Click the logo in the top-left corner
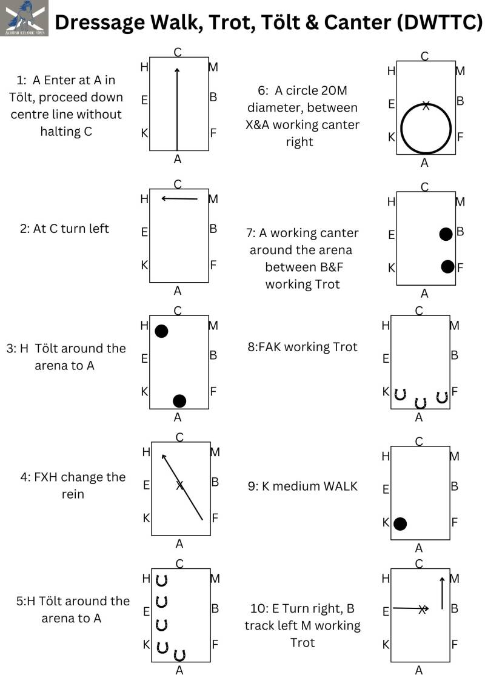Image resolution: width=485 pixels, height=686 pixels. pos(25,19)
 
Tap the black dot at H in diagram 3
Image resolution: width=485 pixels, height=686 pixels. pos(161,331)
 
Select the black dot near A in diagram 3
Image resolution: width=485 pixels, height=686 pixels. pos(179,400)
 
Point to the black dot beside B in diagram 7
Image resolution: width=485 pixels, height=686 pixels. pos(446,234)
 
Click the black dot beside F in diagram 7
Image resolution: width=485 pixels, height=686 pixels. pos(447,266)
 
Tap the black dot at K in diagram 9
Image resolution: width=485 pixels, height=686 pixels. pos(400,523)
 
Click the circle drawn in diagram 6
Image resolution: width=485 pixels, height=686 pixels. pos(424,128)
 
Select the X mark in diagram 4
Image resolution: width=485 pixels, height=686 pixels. pos(179,485)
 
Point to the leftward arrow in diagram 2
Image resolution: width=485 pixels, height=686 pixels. pos(179,198)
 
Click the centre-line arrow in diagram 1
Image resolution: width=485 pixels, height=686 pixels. pos(177,109)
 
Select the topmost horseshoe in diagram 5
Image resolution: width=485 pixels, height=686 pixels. pos(161,580)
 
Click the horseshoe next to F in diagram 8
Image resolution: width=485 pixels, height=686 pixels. pos(442,397)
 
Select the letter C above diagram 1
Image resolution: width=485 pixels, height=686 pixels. pos(178,53)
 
